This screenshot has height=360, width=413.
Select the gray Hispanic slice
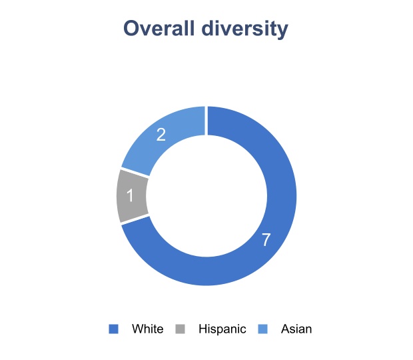(x=132, y=196)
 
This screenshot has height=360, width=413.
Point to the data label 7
(x=266, y=240)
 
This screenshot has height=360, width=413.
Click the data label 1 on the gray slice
(x=131, y=196)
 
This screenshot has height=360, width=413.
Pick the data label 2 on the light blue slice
(x=161, y=135)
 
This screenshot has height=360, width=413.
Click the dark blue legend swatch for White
(x=113, y=329)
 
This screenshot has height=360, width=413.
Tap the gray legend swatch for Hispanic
(x=180, y=329)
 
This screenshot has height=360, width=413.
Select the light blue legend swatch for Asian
(x=262, y=329)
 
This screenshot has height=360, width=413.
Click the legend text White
(x=147, y=329)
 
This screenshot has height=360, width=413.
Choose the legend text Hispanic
(x=222, y=329)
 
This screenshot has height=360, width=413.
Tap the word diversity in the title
(x=250, y=29)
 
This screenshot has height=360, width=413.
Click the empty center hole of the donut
(x=206, y=196)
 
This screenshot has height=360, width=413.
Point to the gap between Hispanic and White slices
(x=135, y=219)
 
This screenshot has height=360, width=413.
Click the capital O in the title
(x=132, y=29)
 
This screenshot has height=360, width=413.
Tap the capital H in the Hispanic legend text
(x=203, y=329)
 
